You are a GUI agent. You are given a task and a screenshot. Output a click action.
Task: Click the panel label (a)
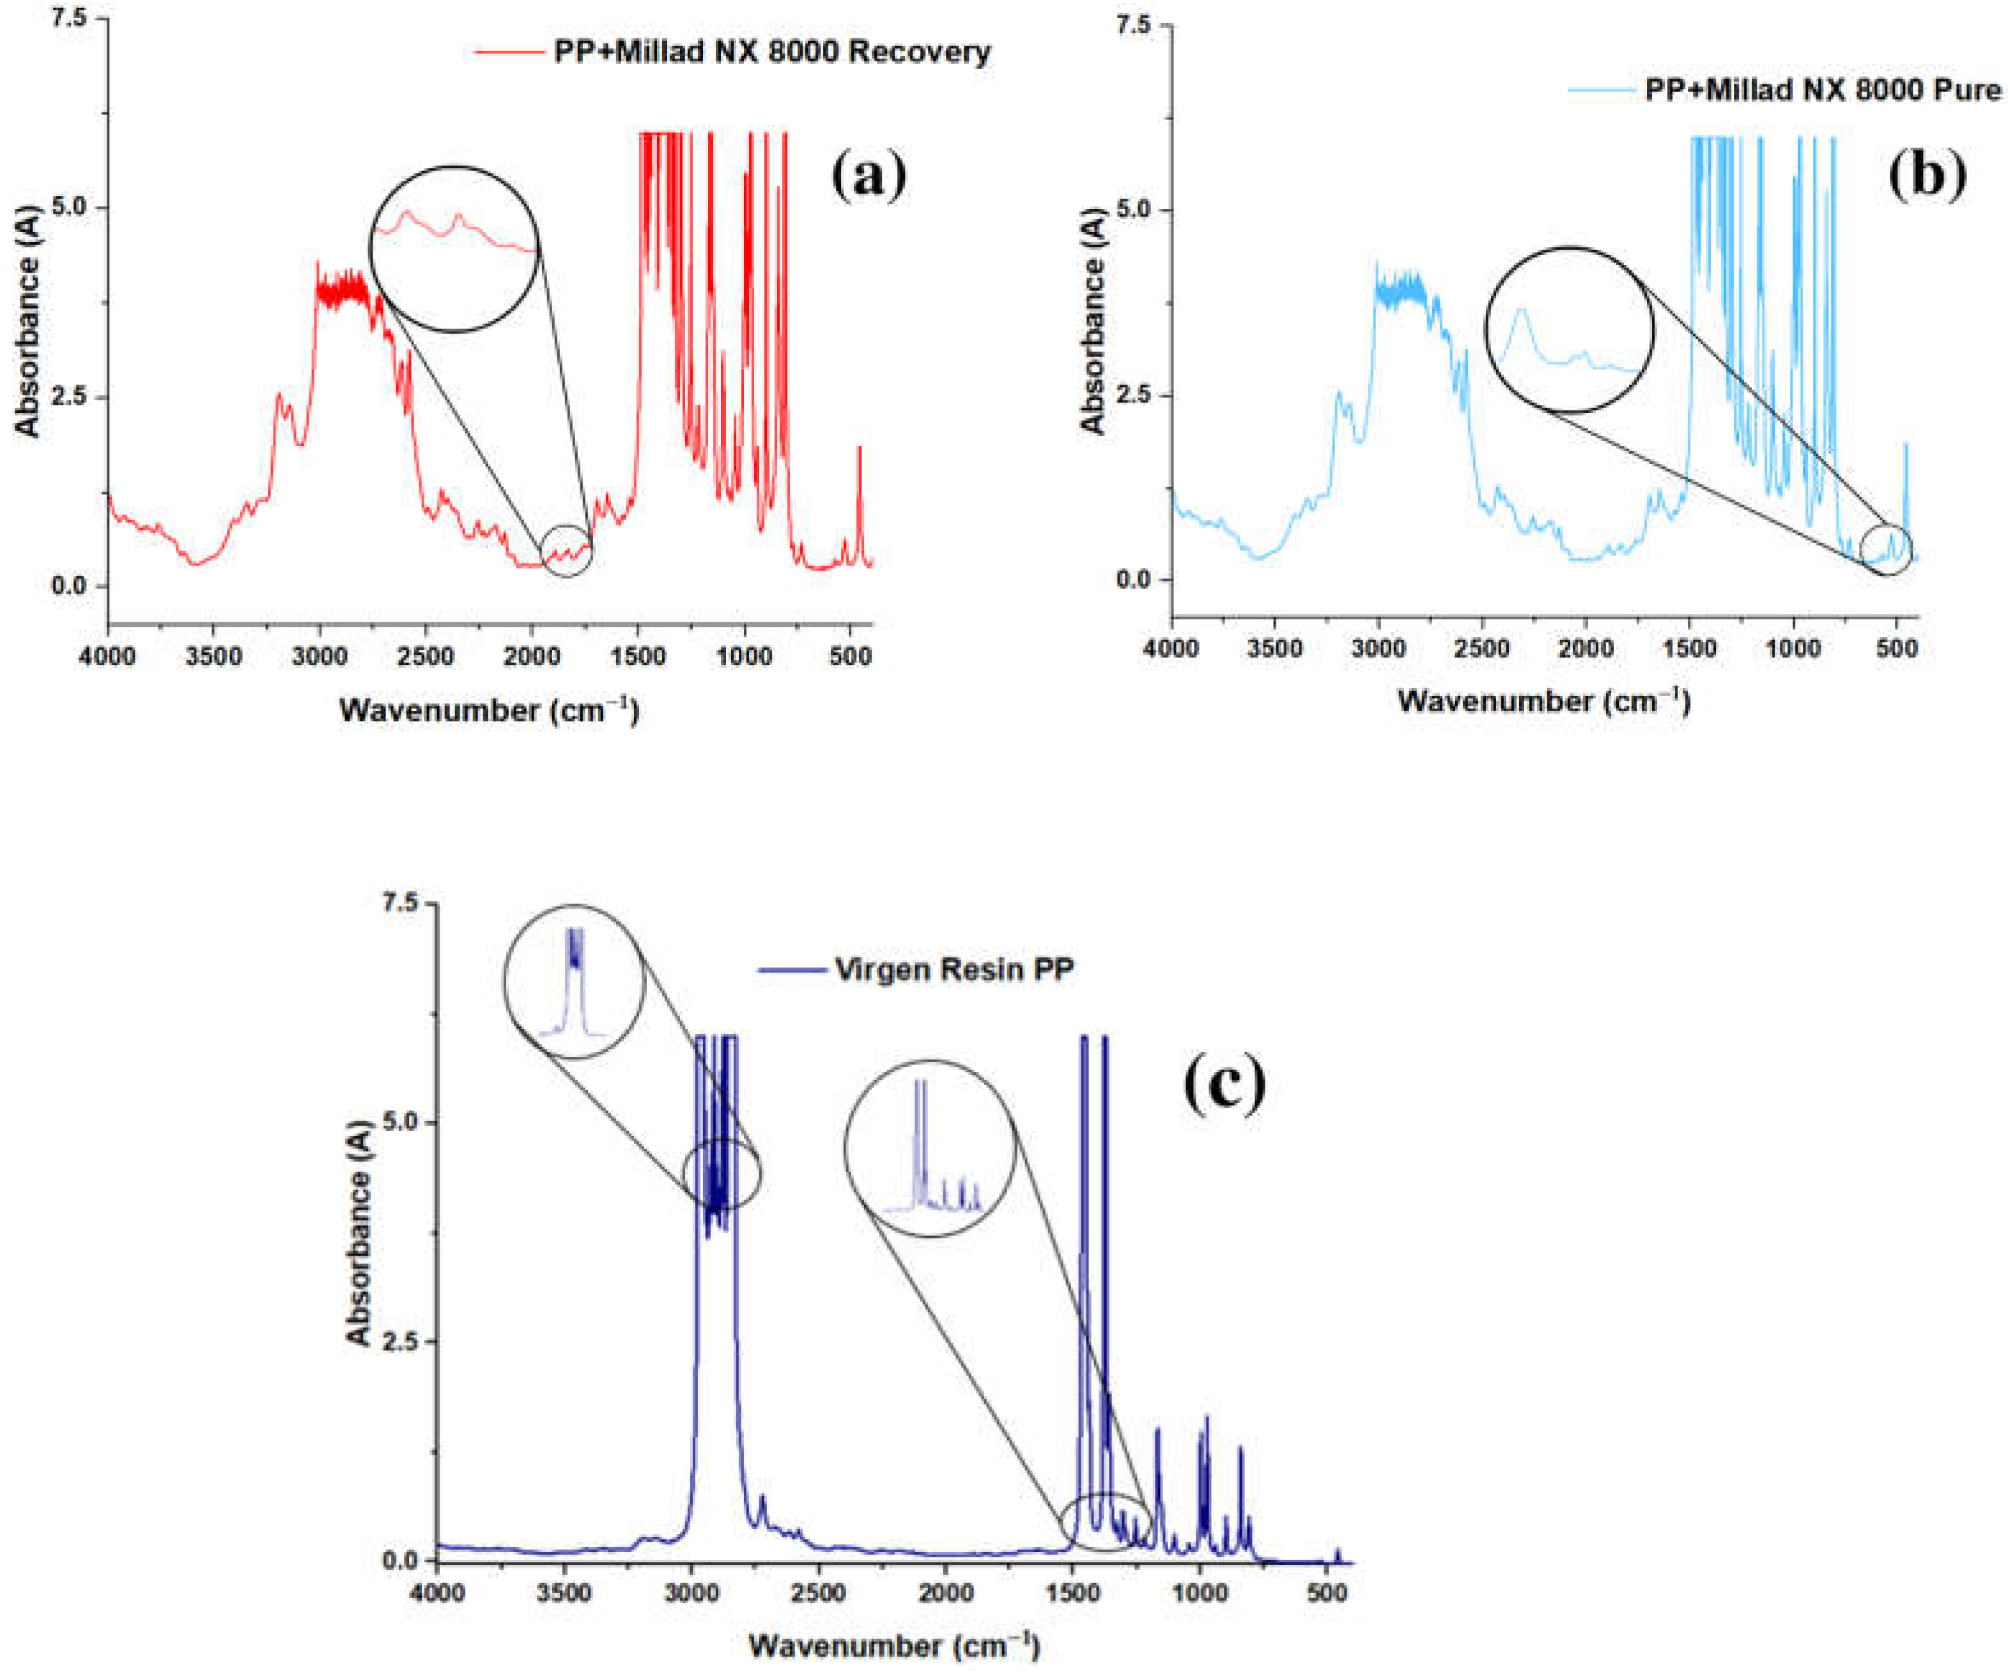click(869, 177)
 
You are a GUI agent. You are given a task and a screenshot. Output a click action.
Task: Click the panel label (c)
click(1225, 1085)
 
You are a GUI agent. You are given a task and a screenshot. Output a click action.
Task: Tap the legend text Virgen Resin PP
click(954, 969)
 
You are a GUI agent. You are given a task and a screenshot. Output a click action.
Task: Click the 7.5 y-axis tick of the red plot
click(72, 18)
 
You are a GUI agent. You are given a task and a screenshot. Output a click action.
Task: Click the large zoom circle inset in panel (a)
click(455, 249)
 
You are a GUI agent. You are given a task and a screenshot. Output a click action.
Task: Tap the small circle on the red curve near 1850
click(566, 551)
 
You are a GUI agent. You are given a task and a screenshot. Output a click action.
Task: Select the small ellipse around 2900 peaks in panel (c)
click(722, 1174)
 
